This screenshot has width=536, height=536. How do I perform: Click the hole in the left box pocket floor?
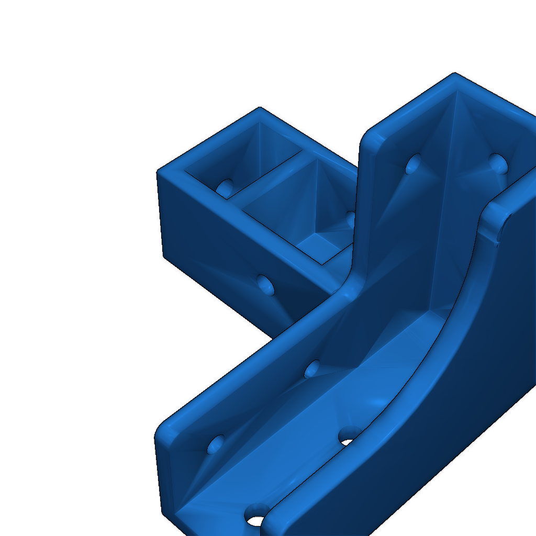226,186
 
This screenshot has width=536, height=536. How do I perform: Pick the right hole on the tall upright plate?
498,163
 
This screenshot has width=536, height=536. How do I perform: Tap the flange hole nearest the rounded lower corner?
216,445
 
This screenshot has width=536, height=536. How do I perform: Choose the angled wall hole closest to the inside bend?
312,369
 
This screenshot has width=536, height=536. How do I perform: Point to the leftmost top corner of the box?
159,172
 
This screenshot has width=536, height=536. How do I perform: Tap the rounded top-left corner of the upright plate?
366,133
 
